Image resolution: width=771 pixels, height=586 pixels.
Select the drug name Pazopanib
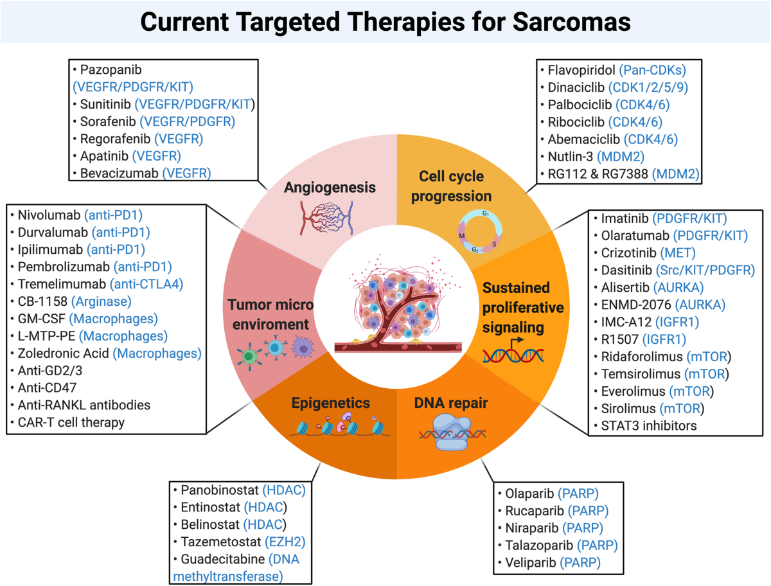pos(107,68)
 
